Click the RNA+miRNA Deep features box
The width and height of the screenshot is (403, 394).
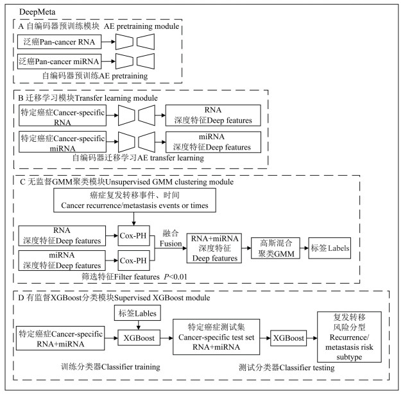[212, 246]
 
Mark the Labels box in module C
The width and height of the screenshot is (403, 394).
[329, 247]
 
